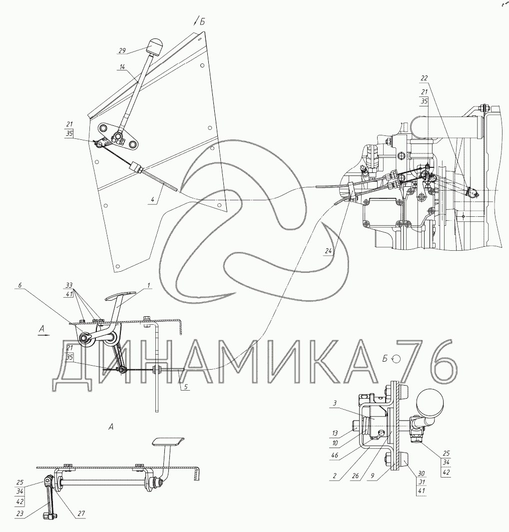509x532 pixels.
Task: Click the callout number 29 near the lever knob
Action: pyautogui.click(x=122, y=50)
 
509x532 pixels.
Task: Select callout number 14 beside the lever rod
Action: pyautogui.click(x=122, y=67)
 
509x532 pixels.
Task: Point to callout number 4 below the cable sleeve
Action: pyautogui.click(x=153, y=200)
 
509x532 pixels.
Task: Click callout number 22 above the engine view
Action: pyautogui.click(x=424, y=78)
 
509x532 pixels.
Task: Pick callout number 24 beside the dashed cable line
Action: pyautogui.click(x=328, y=251)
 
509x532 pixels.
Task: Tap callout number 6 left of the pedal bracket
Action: pyautogui.click(x=19, y=285)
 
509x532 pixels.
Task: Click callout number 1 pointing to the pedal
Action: pyautogui.click(x=149, y=286)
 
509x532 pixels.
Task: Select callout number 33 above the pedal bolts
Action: pyautogui.click(x=69, y=285)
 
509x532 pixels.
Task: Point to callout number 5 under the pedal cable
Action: pyautogui.click(x=185, y=387)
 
